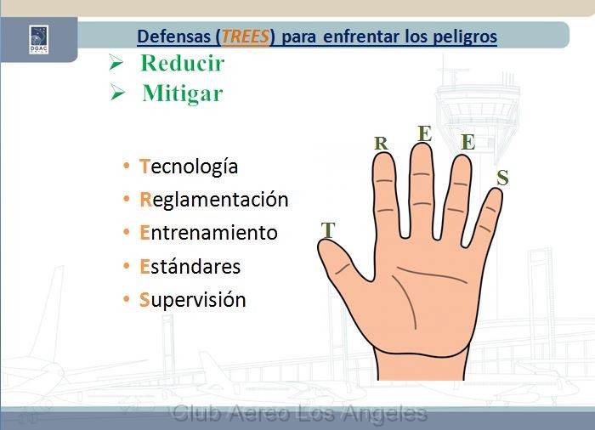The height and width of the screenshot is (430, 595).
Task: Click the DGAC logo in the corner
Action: (39, 39)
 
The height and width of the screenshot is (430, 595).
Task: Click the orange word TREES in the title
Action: (245, 37)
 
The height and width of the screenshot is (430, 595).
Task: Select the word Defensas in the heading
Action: (173, 37)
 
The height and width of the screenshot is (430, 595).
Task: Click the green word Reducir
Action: (183, 63)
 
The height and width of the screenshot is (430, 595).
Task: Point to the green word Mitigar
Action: (183, 93)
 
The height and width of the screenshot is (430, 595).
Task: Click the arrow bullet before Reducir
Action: (116, 62)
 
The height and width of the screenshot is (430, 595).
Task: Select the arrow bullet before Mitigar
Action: (117, 93)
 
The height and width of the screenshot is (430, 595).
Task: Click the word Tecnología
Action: (189, 167)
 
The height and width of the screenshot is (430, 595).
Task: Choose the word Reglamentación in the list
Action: (214, 200)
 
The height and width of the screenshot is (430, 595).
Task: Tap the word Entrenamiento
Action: (209, 233)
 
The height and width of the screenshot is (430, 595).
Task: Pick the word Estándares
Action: (190, 267)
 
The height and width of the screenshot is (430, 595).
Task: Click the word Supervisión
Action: (193, 300)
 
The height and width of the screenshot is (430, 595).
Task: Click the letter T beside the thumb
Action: (328, 230)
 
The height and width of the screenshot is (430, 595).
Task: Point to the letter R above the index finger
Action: (381, 144)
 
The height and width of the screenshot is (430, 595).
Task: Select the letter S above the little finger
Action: (502, 178)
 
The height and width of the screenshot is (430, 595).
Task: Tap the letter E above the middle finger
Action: (425, 133)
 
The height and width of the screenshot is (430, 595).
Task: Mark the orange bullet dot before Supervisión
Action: (127, 299)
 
